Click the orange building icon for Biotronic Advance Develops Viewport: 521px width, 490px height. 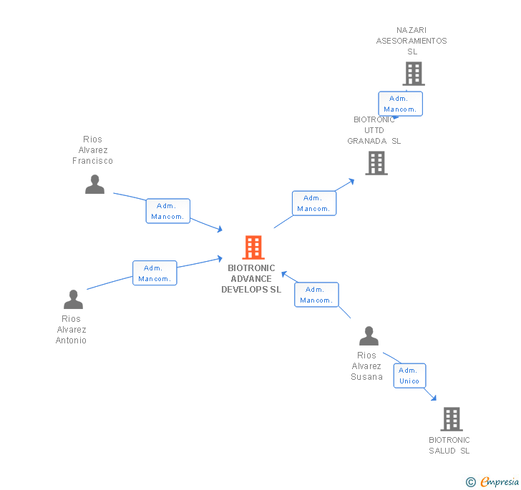point(253,248)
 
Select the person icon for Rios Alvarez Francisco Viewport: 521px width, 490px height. point(94,184)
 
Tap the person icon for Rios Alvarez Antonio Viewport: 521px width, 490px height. point(73,299)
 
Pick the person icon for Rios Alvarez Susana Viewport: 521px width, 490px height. point(369,335)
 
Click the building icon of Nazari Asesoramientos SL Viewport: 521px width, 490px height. point(413,73)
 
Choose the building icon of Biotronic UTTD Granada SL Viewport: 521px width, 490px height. point(376,163)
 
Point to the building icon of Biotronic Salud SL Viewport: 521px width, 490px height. point(451,419)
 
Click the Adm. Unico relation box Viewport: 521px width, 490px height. point(409,376)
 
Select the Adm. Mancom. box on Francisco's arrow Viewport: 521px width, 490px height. point(168,211)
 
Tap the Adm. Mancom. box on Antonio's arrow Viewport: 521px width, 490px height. point(155,273)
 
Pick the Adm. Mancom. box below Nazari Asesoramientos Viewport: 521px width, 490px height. point(400,104)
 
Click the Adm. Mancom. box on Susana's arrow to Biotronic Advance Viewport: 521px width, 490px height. point(316,295)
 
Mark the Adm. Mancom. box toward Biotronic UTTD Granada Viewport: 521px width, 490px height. point(313,203)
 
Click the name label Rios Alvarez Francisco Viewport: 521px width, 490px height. point(93,150)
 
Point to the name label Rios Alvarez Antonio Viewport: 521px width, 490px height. point(72,330)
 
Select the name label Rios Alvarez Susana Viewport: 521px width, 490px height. point(367,366)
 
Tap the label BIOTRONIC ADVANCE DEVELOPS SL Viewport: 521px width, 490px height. point(251,279)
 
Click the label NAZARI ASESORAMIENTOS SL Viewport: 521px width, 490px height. point(412,41)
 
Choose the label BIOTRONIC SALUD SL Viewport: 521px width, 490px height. point(449,446)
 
